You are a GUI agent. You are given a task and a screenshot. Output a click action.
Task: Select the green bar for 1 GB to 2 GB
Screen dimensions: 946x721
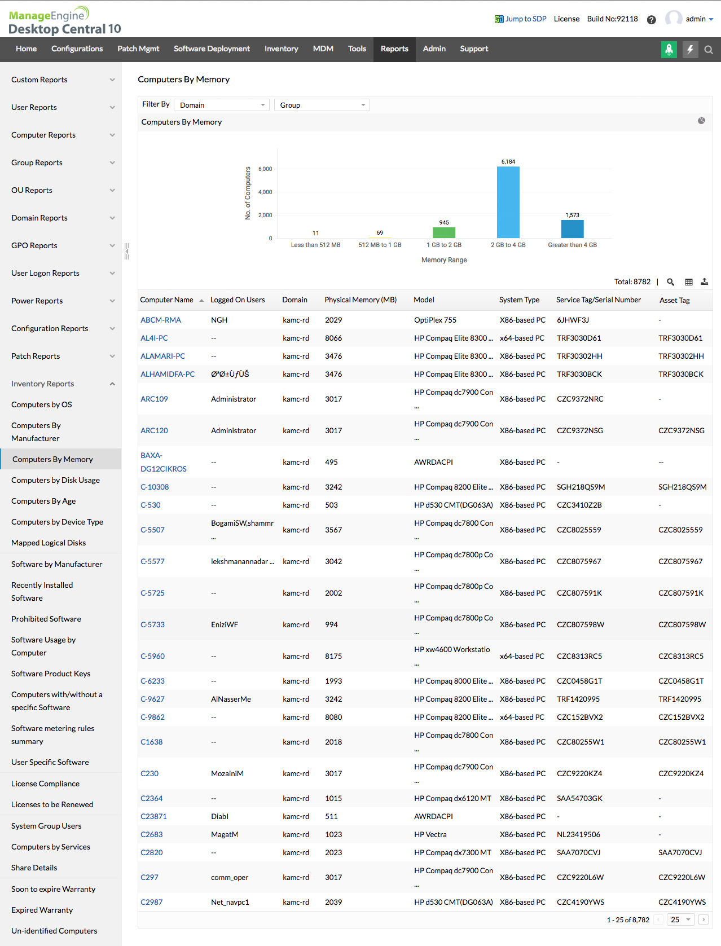coord(444,232)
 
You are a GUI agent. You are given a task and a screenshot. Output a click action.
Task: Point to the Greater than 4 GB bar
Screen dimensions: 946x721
coord(572,228)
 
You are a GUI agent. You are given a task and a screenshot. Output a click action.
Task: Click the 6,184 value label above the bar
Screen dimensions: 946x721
coord(508,162)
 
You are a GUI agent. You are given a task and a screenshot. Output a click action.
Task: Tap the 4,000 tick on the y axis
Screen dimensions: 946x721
coord(265,192)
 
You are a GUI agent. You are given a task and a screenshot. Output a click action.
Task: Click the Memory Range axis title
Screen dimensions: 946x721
coord(444,260)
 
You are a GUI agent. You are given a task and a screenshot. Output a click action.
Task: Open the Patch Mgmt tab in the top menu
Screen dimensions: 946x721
coord(138,49)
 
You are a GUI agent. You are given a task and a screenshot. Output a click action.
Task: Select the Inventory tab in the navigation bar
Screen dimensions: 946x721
coord(281,49)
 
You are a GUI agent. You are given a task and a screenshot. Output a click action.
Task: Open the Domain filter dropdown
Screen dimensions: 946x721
coord(222,105)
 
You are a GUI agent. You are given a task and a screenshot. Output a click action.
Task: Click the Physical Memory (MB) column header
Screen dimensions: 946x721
coord(360,300)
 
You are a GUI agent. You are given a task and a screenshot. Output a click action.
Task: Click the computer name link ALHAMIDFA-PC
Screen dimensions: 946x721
coord(168,375)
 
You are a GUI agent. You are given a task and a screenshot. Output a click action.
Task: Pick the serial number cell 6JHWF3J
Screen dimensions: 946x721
coord(573,320)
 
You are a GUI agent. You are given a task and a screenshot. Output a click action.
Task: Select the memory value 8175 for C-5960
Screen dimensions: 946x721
coord(333,657)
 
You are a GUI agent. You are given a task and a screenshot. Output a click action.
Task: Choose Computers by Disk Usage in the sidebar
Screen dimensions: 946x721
coord(55,481)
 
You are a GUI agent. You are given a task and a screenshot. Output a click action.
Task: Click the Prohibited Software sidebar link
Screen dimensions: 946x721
coord(46,619)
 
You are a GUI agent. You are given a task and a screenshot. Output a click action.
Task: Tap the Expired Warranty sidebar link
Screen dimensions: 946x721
coord(42,910)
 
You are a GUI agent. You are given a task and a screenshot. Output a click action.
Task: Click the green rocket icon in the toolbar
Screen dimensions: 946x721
coord(669,50)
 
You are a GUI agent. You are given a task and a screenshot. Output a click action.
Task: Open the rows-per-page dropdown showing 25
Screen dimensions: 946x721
coord(680,920)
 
